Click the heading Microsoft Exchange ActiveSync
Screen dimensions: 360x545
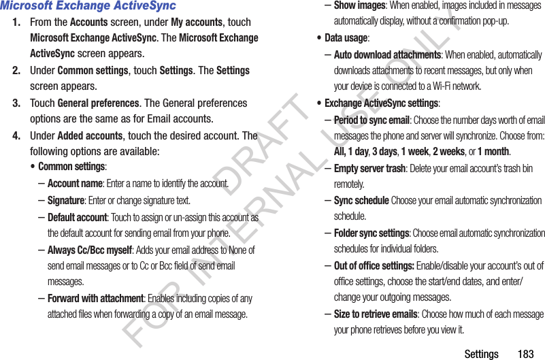click(x=88, y=6)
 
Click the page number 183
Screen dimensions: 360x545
click(x=525, y=354)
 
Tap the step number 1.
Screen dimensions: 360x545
click(x=16, y=22)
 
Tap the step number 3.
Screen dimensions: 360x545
click(x=16, y=103)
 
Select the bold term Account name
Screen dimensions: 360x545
click(x=75, y=184)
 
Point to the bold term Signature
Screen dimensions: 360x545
click(x=66, y=201)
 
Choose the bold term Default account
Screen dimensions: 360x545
click(x=77, y=218)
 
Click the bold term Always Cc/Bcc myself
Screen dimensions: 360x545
click(x=89, y=250)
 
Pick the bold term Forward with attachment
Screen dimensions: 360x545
click(x=95, y=299)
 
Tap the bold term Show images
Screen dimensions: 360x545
click(x=359, y=5)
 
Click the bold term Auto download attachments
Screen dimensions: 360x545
click(x=387, y=55)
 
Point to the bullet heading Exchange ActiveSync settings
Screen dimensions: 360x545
click(x=381, y=103)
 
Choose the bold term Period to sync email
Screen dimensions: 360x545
click(x=371, y=120)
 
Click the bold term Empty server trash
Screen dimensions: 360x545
click(x=369, y=169)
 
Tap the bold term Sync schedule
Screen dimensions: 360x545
click(x=361, y=201)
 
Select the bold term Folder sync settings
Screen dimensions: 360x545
click(x=371, y=233)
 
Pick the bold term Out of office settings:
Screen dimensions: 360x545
click(x=374, y=266)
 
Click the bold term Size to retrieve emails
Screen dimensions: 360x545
click(x=376, y=314)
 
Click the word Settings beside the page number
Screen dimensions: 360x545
click(x=481, y=354)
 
